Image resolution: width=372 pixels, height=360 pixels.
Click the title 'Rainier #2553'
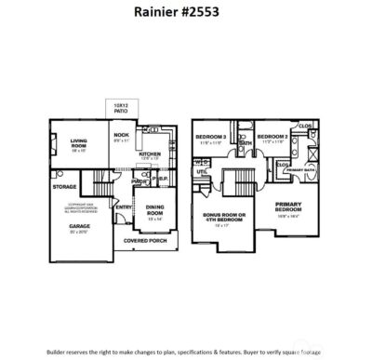pos(184,13)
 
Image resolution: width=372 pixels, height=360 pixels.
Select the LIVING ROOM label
pos(79,143)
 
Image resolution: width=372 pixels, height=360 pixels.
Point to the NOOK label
pos(121,136)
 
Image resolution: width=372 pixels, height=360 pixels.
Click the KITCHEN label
pos(150,154)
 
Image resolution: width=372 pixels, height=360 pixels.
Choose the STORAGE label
pos(64,186)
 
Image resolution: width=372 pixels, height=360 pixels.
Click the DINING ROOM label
pos(154,213)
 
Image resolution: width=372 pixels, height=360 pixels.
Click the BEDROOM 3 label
pos(210,137)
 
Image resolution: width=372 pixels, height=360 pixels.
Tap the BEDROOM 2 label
pos(272,137)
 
